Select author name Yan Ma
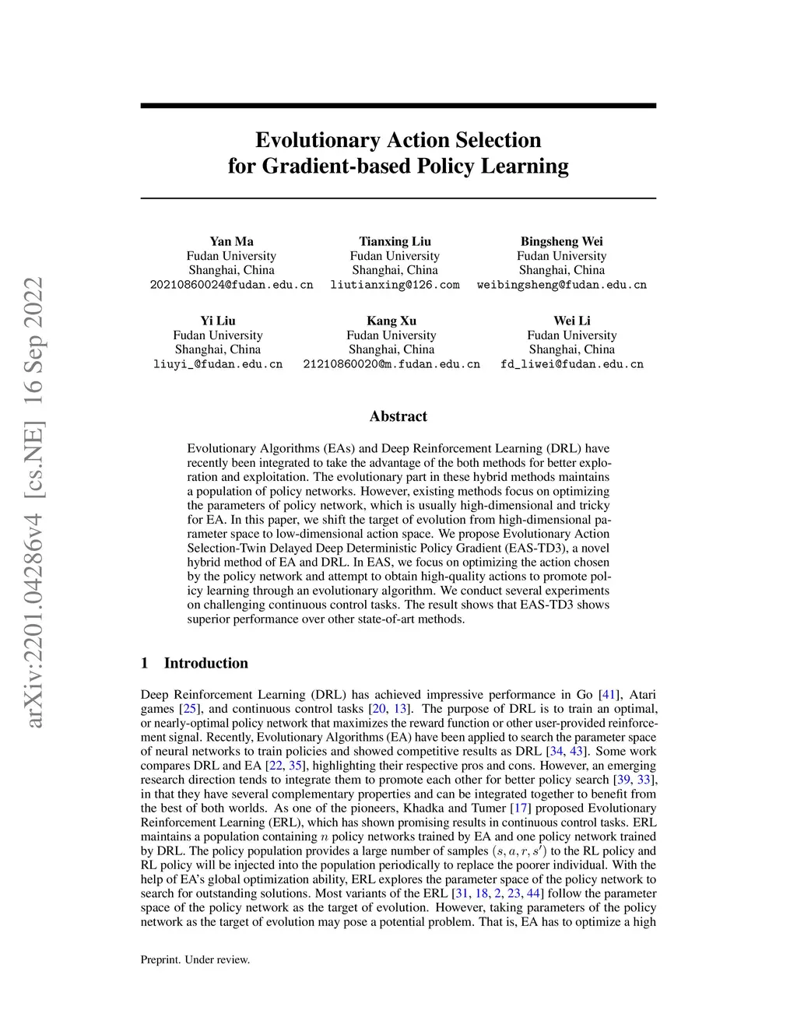point(231,241)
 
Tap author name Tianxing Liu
point(395,241)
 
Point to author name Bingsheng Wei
point(561,241)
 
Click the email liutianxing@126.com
point(395,285)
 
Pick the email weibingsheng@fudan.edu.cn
point(561,285)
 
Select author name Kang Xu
point(391,321)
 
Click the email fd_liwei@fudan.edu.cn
point(572,364)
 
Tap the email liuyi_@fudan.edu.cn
point(218,364)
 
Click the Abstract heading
point(398,416)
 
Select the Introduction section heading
point(205,663)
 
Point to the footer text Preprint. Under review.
point(195,959)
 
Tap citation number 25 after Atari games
point(190,709)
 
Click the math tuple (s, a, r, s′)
point(519,850)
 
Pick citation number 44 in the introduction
point(533,893)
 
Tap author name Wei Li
point(572,321)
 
